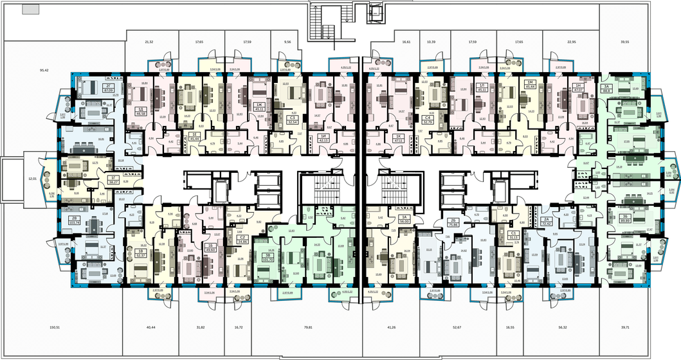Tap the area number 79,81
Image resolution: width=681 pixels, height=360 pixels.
[307, 327]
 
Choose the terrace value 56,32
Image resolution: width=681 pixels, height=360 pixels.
[563, 327]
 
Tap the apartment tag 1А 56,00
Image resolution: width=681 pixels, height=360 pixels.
[404, 219]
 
